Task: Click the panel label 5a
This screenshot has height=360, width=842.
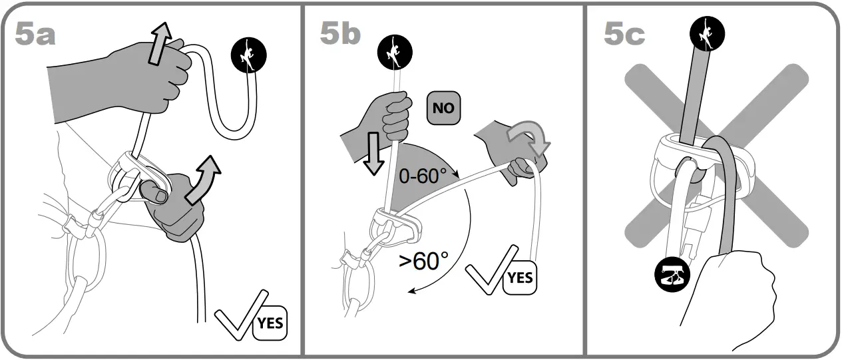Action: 35,33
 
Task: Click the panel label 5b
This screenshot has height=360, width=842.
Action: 339,33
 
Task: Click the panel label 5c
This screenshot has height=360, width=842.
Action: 624,33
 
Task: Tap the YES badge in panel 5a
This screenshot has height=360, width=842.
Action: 270,324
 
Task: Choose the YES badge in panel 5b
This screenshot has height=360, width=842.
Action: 519,276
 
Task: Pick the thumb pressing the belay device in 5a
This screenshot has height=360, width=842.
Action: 154,195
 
